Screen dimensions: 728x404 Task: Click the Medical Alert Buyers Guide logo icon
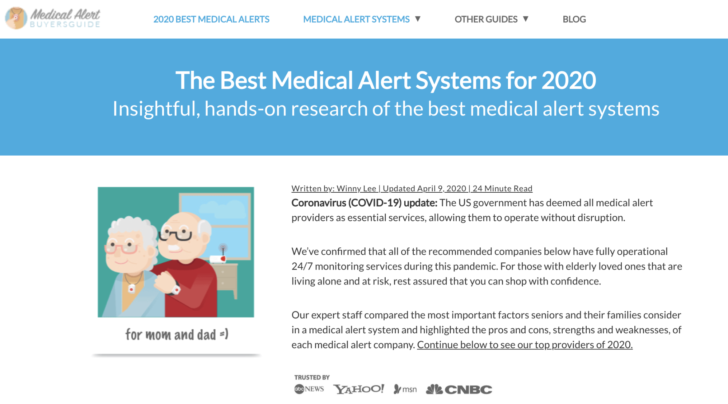click(16, 18)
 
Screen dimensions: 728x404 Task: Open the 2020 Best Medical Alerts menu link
click(211, 19)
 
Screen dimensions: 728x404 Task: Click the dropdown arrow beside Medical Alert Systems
click(418, 19)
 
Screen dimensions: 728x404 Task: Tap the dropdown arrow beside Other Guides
click(526, 19)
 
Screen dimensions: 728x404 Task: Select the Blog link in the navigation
click(574, 19)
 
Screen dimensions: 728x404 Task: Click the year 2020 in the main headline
click(569, 81)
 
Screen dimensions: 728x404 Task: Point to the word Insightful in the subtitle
click(156, 109)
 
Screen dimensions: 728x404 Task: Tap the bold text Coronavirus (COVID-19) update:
click(364, 203)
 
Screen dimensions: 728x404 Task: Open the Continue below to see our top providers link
click(525, 345)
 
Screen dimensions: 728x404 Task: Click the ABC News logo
click(309, 389)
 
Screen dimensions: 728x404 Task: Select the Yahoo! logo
click(359, 389)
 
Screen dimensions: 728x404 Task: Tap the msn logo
click(405, 389)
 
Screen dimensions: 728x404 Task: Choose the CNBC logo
click(459, 389)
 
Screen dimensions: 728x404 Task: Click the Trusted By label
click(312, 377)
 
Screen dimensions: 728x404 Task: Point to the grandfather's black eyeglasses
click(176, 235)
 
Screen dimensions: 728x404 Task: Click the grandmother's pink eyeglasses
click(121, 248)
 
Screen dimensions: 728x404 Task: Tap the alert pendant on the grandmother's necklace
click(131, 289)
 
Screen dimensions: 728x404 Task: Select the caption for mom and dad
click(177, 334)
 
